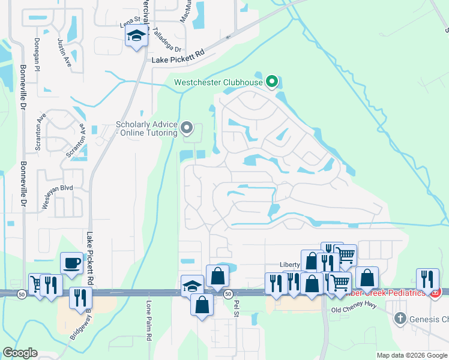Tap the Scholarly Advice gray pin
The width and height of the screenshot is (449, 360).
click(x=187, y=127)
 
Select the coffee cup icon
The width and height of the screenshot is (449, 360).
click(x=71, y=263)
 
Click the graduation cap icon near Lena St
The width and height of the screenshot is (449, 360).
click(x=136, y=35)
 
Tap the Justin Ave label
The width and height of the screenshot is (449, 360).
click(x=64, y=53)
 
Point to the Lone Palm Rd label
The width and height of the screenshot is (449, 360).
click(x=149, y=320)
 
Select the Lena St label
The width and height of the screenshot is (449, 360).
click(x=130, y=23)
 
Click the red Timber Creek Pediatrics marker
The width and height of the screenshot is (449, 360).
click(x=436, y=293)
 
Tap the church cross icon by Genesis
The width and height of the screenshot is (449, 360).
click(x=399, y=319)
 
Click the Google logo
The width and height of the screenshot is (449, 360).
click(x=19, y=352)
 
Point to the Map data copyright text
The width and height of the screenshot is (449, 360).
click(x=411, y=355)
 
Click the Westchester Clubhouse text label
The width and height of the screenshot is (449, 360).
click(x=218, y=82)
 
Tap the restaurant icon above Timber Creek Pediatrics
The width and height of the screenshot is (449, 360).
click(x=427, y=278)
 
